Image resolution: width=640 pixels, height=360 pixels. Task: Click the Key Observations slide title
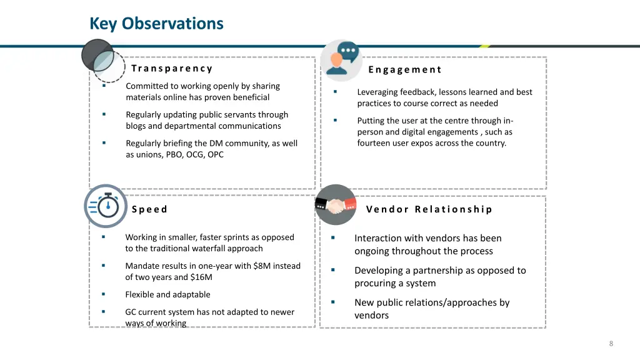pyautogui.click(x=156, y=24)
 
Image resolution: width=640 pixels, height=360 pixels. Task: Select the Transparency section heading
pyautogui.click(x=172, y=69)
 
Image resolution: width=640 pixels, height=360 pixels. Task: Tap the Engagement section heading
pyautogui.click(x=405, y=70)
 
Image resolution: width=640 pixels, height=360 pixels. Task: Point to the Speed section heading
pyautogui.click(x=149, y=209)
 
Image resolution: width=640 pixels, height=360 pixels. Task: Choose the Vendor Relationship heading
pyautogui.click(x=429, y=209)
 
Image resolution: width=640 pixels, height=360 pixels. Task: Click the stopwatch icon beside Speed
pyautogui.click(x=106, y=206)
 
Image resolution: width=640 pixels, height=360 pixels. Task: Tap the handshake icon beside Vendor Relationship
pyautogui.click(x=336, y=205)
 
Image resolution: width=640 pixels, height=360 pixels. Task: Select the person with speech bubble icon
pyautogui.click(x=341, y=59)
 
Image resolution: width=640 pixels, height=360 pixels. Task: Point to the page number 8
pyautogui.click(x=611, y=344)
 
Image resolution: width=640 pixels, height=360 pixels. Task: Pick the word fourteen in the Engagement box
pyautogui.click(x=374, y=143)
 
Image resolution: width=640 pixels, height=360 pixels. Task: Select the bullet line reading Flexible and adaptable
pyautogui.click(x=167, y=295)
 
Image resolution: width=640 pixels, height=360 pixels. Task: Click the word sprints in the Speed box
pyautogui.click(x=239, y=237)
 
